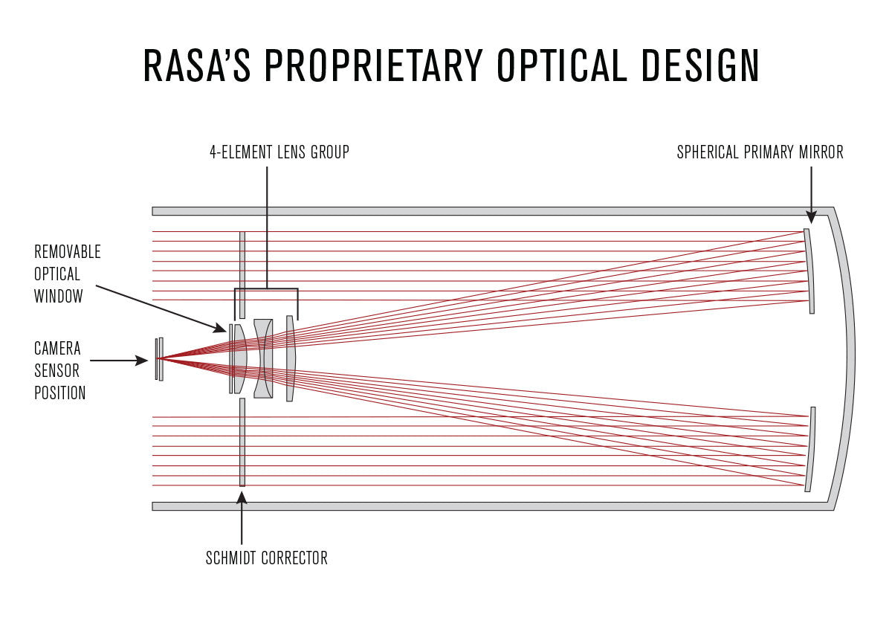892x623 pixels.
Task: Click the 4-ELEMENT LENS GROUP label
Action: (x=279, y=152)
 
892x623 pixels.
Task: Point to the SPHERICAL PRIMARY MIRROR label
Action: (x=760, y=152)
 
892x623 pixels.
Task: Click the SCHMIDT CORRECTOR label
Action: (x=266, y=558)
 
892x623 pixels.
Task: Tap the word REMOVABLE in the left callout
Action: (x=68, y=252)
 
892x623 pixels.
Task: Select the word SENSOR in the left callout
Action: (x=56, y=370)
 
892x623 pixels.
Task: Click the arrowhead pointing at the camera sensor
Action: (x=143, y=361)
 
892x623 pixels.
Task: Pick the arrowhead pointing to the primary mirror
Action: (x=811, y=216)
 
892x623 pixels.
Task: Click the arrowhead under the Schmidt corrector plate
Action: (x=242, y=496)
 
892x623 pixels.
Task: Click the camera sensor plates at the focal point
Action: (x=159, y=359)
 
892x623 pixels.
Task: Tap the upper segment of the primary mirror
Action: (x=809, y=271)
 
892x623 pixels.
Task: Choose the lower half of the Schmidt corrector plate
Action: (x=242, y=442)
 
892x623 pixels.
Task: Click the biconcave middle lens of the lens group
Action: (x=263, y=358)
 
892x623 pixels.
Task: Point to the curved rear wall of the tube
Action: (x=847, y=358)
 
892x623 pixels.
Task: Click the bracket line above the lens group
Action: (x=266, y=288)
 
